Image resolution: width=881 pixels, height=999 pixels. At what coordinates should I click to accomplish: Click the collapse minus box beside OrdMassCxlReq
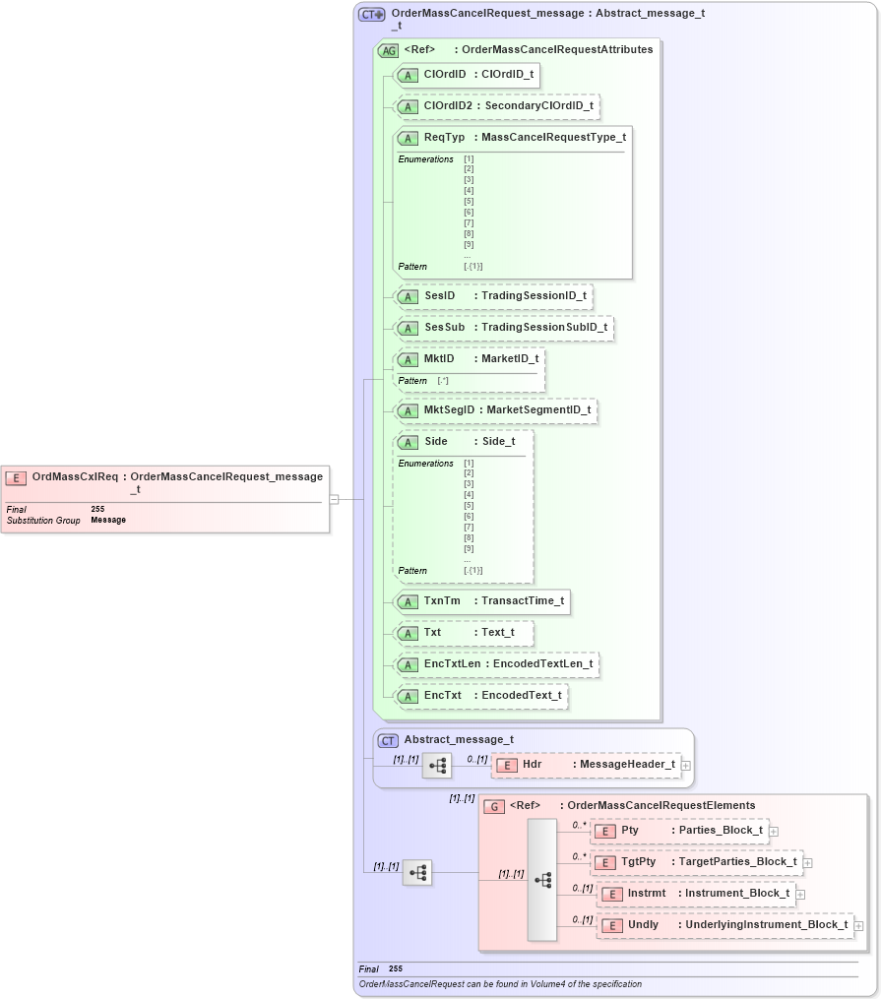(334, 499)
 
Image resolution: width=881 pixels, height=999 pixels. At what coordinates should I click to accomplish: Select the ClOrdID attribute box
(466, 75)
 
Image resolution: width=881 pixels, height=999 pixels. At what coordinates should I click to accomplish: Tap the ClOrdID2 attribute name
(447, 106)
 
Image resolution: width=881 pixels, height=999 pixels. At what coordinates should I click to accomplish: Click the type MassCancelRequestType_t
(553, 138)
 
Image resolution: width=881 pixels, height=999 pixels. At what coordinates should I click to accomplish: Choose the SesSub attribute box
(503, 327)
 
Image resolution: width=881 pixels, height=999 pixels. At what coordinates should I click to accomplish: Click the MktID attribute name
(439, 358)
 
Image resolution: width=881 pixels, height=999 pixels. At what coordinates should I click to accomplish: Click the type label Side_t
(498, 441)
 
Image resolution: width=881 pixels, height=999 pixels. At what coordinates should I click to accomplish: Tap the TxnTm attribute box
(481, 601)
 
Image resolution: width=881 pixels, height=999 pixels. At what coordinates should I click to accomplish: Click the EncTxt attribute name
(442, 696)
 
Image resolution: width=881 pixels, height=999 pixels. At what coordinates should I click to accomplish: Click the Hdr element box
(586, 765)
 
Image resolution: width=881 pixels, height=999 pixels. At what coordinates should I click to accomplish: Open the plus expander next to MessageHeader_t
(686, 765)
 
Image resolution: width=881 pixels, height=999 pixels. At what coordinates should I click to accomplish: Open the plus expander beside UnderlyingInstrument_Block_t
(858, 925)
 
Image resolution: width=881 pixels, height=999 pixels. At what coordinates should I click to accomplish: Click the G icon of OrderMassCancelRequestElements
(494, 806)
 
